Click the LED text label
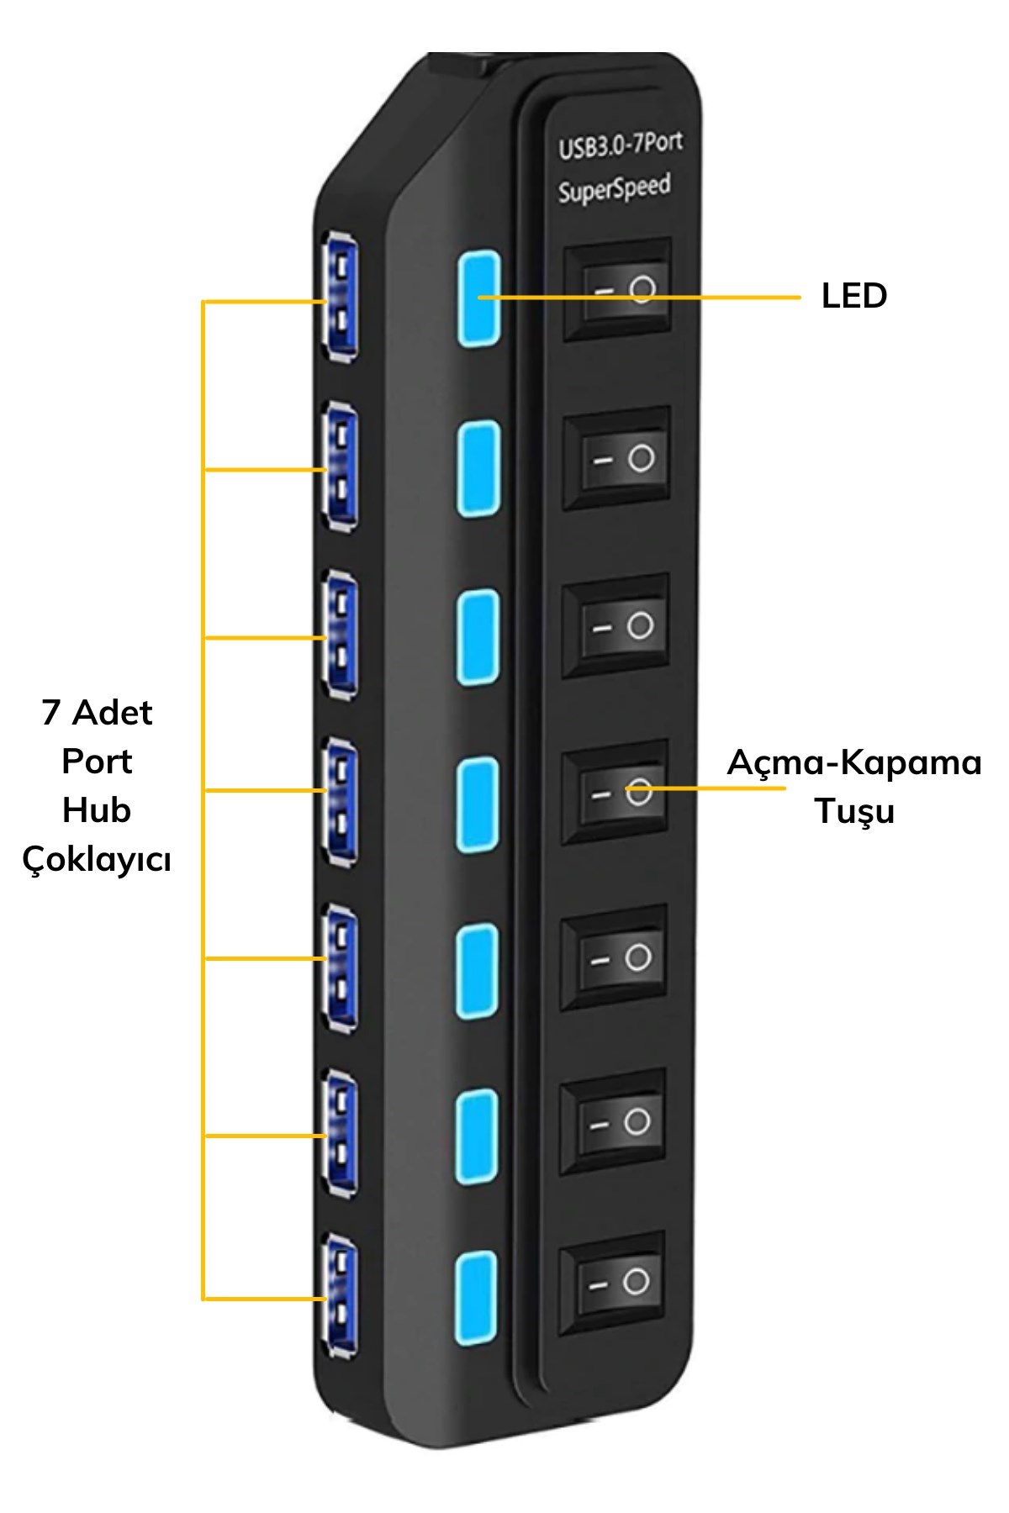pos(853,296)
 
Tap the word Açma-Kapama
pos(853,762)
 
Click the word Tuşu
pos(853,811)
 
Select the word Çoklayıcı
pos(97,859)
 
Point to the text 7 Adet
pos(97,713)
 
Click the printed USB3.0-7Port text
pos(620,145)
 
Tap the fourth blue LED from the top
pos(478,804)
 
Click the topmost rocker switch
pos(617,290)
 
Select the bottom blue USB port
pos(340,1294)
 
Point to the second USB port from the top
pos(340,466)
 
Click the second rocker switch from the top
pos(617,459)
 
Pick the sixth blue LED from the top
pos(477,1136)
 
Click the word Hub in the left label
pos(97,810)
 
